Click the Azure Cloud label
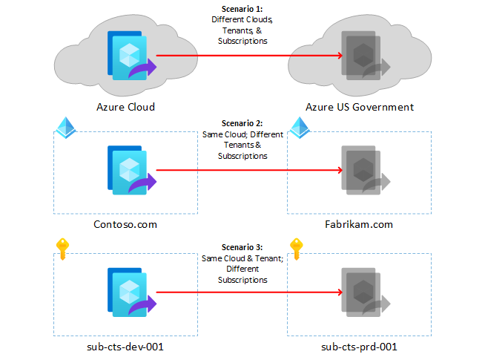click(125, 107)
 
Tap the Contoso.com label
click(125, 224)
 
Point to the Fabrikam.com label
click(359, 224)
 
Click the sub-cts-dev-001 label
click(125, 346)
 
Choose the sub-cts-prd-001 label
click(359, 346)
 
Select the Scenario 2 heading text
click(242, 123)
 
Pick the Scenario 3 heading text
click(242, 246)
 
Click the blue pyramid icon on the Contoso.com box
click(65, 126)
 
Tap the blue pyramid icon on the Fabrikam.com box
click(298, 126)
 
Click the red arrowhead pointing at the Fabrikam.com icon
click(337, 172)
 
